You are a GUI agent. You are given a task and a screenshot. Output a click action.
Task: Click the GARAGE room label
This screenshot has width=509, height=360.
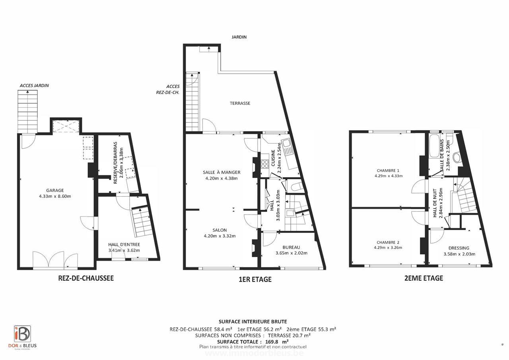pos(54,190)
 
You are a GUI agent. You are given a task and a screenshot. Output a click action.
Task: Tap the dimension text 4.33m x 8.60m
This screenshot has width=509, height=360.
pos(55,196)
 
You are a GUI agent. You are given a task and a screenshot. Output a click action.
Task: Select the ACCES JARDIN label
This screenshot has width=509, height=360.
pos(34,85)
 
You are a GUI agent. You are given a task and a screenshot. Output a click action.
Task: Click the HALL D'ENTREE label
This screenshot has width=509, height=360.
pos(124,245)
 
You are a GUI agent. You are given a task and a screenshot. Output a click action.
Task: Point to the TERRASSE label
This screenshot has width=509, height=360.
pos(240,103)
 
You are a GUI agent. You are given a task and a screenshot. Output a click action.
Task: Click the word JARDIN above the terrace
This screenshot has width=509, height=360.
pos(239,37)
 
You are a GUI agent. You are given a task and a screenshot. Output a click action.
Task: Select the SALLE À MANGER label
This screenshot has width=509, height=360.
pos(221,172)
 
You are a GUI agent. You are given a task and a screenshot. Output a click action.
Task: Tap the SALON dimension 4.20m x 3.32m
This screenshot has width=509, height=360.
pos(220,236)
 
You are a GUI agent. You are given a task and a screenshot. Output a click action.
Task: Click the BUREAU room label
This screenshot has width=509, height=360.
pos(291,247)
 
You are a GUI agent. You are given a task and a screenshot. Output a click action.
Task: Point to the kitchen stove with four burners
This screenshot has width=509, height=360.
pos(265,163)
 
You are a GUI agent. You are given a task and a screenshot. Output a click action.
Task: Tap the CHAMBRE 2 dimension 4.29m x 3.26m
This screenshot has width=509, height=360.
pos(388,248)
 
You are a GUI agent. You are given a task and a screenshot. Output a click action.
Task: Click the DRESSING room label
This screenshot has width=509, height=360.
pos(458,248)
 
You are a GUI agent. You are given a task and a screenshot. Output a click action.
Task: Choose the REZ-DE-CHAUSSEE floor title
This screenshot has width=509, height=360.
pos(86,278)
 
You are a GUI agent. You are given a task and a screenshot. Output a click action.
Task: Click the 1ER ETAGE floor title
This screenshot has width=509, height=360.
pos(255,279)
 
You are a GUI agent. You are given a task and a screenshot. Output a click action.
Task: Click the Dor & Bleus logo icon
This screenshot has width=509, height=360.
pos(22,334)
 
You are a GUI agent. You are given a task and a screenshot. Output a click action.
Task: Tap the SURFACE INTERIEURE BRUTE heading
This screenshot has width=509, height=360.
pos(253,322)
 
